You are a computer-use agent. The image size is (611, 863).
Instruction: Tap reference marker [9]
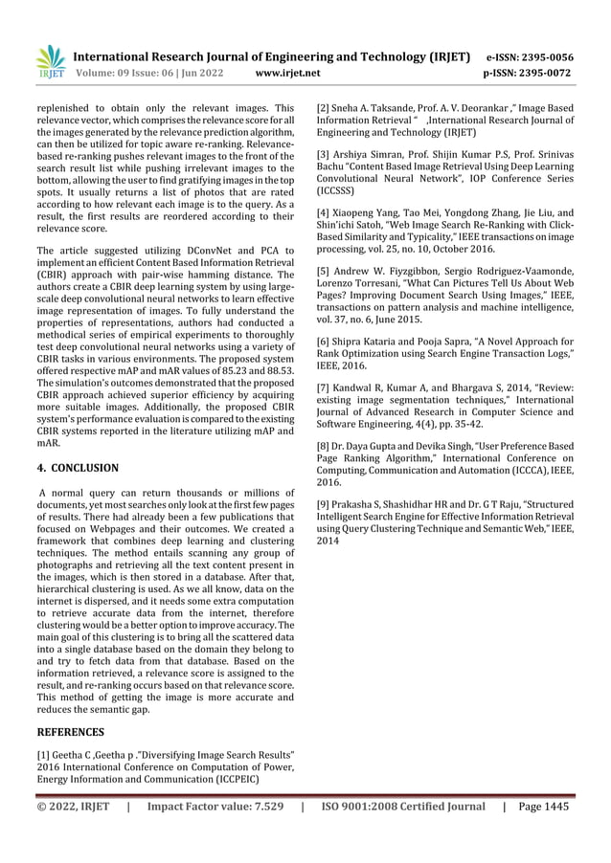pyautogui.click(x=325, y=503)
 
